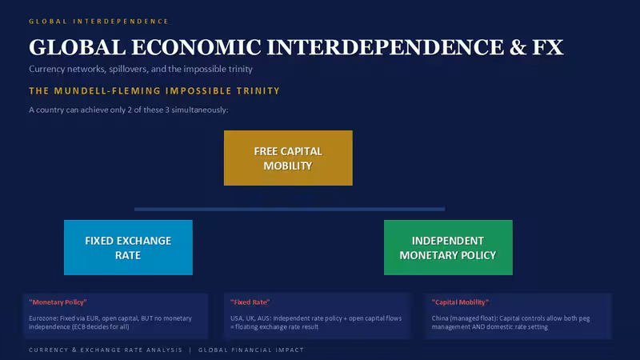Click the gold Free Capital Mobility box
coord(288,158)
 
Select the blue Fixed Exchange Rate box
coord(128,247)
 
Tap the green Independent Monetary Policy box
coord(448,247)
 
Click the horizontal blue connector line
coord(290,209)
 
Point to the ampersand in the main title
coord(518,47)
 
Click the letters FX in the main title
coord(548,47)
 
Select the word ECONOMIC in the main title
coord(196,47)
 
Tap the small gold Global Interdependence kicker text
coord(98,22)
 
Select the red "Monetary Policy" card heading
coord(58,302)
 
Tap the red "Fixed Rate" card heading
coord(250,302)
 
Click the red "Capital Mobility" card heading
coord(460,302)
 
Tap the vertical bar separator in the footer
coord(190,350)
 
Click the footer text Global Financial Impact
coord(251,350)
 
